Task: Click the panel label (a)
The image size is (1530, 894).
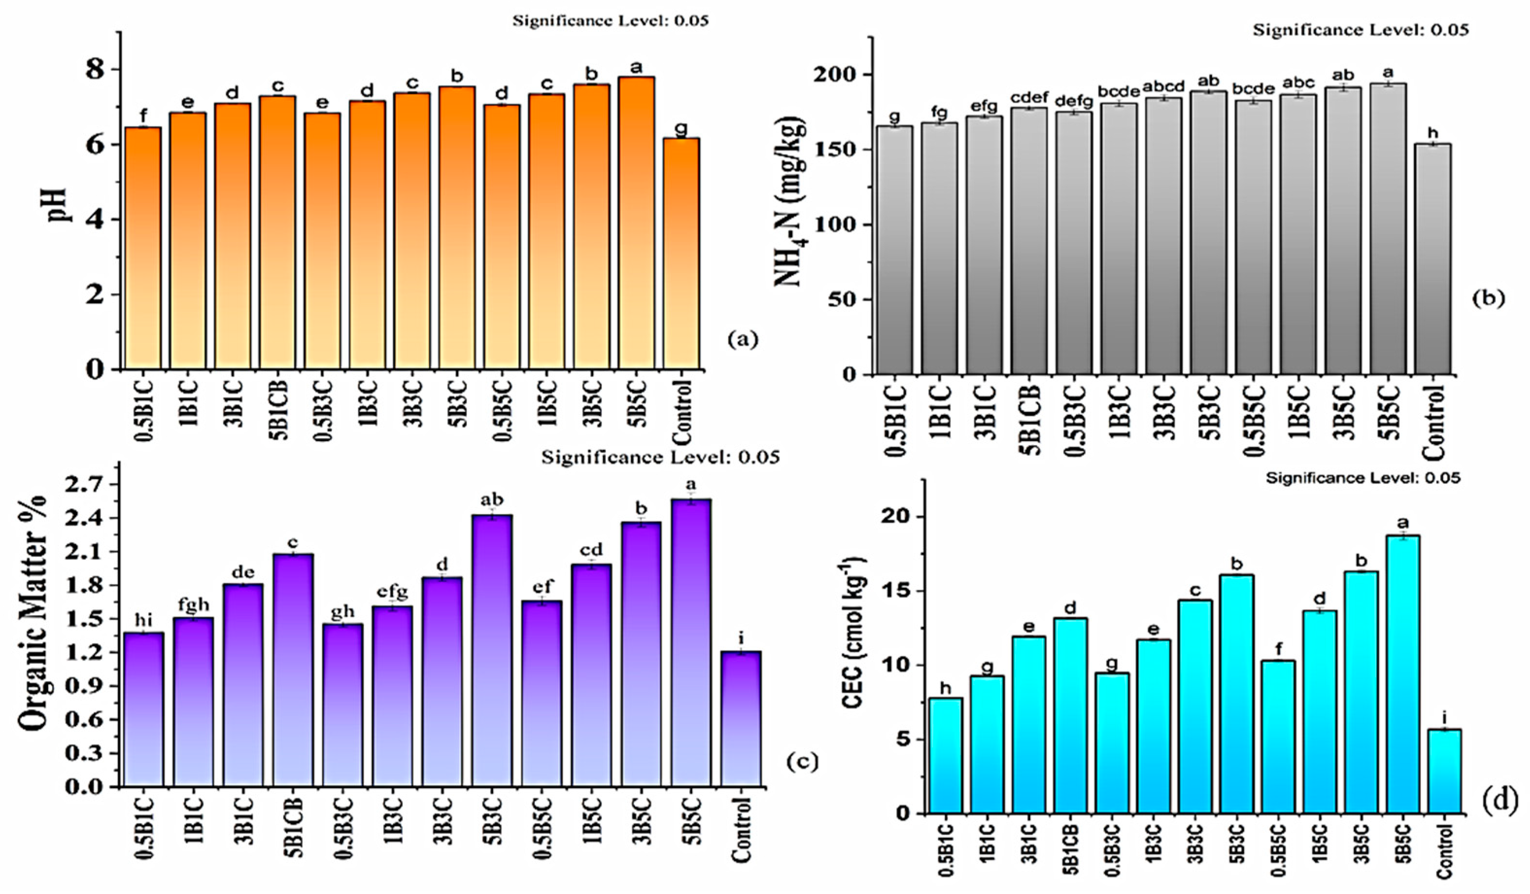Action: pos(743,340)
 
